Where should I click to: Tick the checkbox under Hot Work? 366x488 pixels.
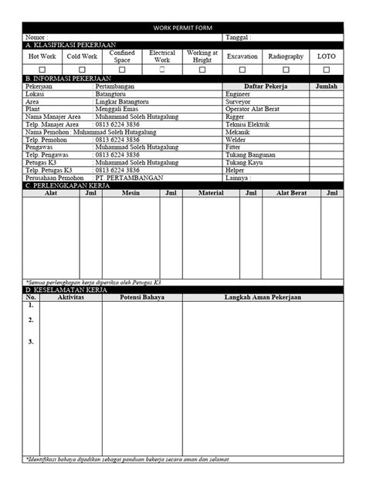[x=42, y=69]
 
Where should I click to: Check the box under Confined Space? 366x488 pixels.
[x=122, y=69]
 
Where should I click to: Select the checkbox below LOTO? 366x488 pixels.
[x=322, y=69]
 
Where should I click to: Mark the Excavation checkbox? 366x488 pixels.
[x=242, y=69]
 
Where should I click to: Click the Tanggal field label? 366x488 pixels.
[x=238, y=37]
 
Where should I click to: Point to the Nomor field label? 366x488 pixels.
[x=36, y=37]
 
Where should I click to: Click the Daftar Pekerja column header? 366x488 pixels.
[x=266, y=86]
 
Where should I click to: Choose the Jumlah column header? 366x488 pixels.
[x=327, y=86]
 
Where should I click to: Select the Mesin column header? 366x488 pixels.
[x=131, y=193]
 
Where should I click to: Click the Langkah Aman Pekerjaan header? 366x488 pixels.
[x=263, y=297]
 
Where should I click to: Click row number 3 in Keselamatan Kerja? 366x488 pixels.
[x=31, y=341]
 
